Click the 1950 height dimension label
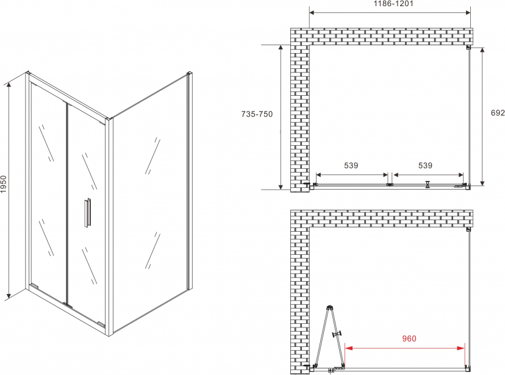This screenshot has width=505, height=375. [x=4, y=184]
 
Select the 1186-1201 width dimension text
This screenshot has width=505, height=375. [x=393, y=4]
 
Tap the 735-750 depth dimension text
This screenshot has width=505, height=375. [x=257, y=114]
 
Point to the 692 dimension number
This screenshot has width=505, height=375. [x=498, y=113]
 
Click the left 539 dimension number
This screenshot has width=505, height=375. [x=351, y=165]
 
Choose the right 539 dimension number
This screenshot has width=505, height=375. [x=425, y=165]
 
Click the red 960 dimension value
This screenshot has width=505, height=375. [x=409, y=338]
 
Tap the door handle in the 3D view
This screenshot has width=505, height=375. [x=87, y=213]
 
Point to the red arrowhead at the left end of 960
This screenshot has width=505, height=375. [x=349, y=348]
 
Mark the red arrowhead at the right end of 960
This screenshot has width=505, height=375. [x=461, y=348]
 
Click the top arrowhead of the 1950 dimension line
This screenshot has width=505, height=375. [x=9, y=85]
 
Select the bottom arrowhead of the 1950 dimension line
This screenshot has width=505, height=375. [x=9, y=295]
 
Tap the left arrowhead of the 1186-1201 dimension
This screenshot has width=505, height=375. [x=313, y=13]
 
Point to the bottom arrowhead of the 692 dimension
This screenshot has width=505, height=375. [x=482, y=182]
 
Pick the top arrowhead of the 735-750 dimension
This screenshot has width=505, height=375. [x=281, y=48]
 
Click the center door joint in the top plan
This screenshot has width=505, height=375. [x=390, y=184]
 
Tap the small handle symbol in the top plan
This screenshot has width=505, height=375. [x=428, y=184]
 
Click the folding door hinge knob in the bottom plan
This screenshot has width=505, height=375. [x=337, y=334]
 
